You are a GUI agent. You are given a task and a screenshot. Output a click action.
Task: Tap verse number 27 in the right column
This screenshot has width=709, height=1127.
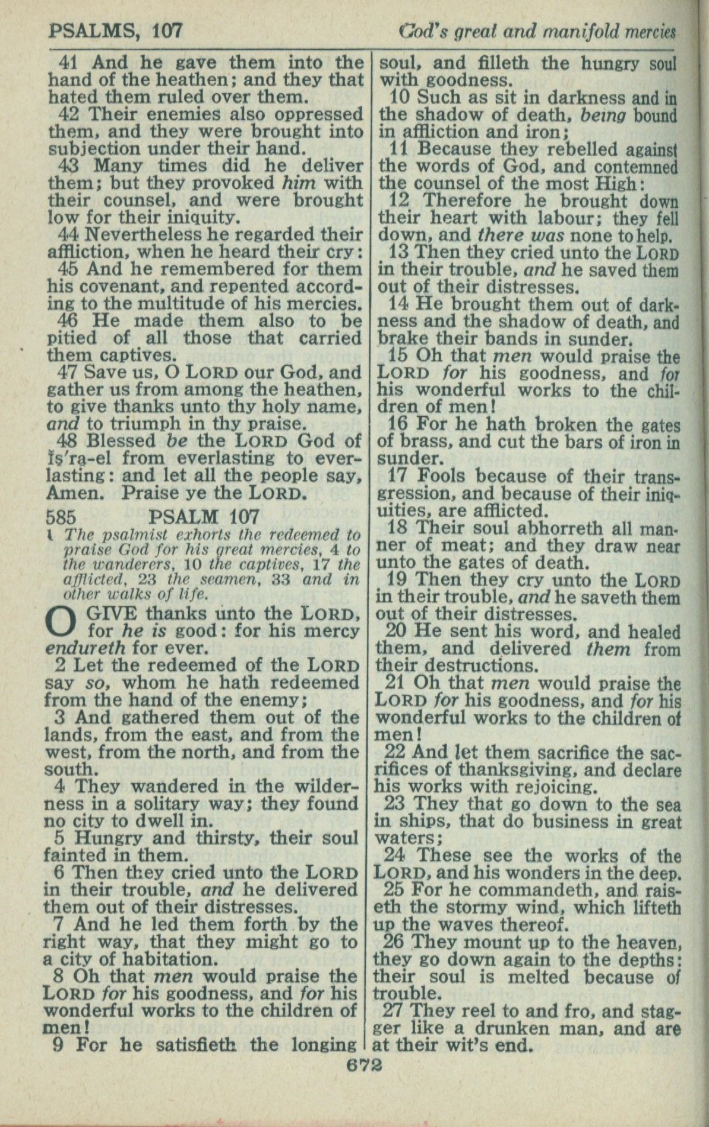pyautogui.click(x=394, y=1009)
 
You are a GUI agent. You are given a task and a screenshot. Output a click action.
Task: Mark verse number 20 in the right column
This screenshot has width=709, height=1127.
pyautogui.click(x=394, y=631)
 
